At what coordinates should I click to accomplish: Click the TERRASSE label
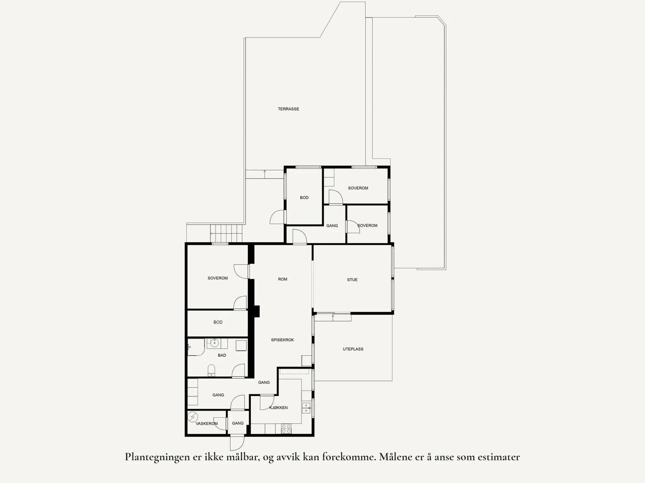pyautogui.click(x=288, y=109)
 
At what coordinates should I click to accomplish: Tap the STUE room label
pyautogui.click(x=352, y=279)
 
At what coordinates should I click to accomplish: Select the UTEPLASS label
pyautogui.click(x=353, y=349)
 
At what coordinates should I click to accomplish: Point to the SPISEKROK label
pyautogui.click(x=282, y=340)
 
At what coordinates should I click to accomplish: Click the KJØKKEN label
pyautogui.click(x=279, y=408)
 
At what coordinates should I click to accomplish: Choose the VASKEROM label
pyautogui.click(x=206, y=423)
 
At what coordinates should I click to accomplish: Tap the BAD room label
pyautogui.click(x=222, y=355)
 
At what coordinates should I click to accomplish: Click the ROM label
pyautogui.click(x=283, y=279)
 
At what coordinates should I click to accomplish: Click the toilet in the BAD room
pyautogui.click(x=211, y=370)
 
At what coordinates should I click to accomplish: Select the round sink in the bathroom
pyautogui.click(x=214, y=344)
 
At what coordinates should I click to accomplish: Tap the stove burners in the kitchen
pyautogui.click(x=286, y=429)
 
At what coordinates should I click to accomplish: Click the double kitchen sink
pyautogui.click(x=306, y=408)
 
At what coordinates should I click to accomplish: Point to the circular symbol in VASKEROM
pyautogui.click(x=193, y=416)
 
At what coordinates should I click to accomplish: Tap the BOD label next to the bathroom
pyautogui.click(x=218, y=322)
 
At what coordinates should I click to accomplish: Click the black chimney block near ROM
pyautogui.click(x=256, y=312)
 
